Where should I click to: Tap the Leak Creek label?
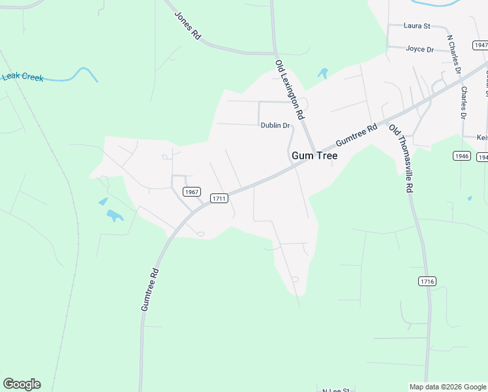pos(23,77)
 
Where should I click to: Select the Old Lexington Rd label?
pos(290,90)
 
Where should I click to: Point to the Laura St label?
pos(418,26)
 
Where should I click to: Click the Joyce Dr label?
pos(419,49)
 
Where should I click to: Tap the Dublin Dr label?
pos(275,125)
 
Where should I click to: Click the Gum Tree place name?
pos(314,156)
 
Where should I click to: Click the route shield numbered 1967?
pos(191,192)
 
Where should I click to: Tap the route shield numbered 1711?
pos(219,197)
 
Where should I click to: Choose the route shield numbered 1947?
pos(481,45)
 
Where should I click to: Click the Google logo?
pos(22,384)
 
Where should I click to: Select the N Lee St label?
pos(337,389)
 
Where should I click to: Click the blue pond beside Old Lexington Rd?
pos(322,73)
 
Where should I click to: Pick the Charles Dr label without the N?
pos(464,103)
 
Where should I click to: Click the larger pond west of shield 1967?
pos(115,215)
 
